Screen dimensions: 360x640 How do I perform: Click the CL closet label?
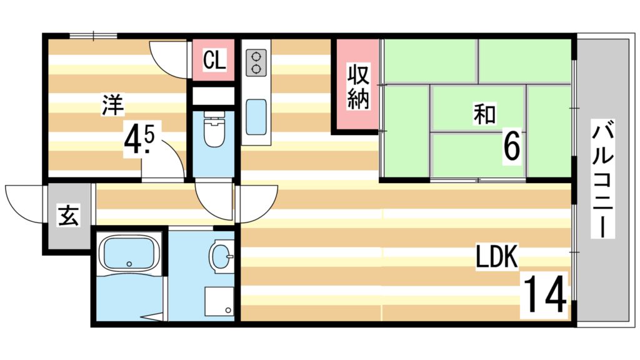pos(213,61)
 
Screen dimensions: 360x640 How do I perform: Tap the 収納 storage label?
pos(357,87)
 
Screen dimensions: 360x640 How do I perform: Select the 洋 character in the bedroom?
pos(113,104)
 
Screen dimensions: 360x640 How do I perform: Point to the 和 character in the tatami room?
pos(484,115)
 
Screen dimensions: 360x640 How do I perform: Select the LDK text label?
pos(497,256)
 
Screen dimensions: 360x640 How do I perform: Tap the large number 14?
pos(544,295)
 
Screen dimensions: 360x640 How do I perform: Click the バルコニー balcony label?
pos(603,181)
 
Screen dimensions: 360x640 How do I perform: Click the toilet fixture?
pos(214,131)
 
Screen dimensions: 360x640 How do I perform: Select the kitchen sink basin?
pos(256,117)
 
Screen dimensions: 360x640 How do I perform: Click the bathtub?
pos(129,256)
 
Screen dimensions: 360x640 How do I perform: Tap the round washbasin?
pos(221,256)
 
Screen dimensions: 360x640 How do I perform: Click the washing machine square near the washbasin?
pos(219,302)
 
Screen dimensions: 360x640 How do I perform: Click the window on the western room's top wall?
pos(93,36)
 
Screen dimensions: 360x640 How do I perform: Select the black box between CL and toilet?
pos(213,96)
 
